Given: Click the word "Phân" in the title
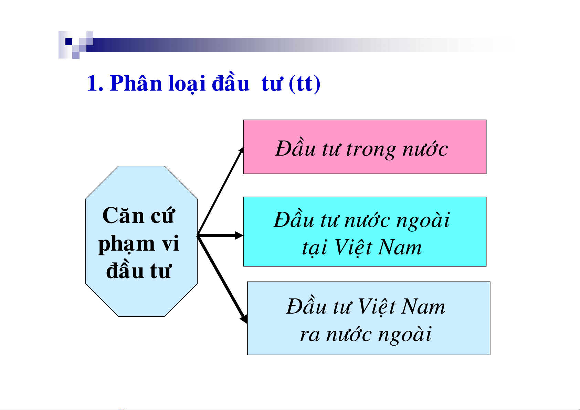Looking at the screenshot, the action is pyautogui.click(x=136, y=83).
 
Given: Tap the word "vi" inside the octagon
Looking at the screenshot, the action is pyautogui.click(x=170, y=243).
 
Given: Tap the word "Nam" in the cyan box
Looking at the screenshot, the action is pyautogui.click(x=400, y=247).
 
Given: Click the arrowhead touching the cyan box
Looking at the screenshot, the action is pyautogui.click(x=239, y=235).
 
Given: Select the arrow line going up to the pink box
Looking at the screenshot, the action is pyautogui.click(x=220, y=191).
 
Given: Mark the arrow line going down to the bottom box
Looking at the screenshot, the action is pyautogui.click(x=222, y=280).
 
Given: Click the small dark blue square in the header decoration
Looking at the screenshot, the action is pyautogui.click(x=69, y=42).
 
